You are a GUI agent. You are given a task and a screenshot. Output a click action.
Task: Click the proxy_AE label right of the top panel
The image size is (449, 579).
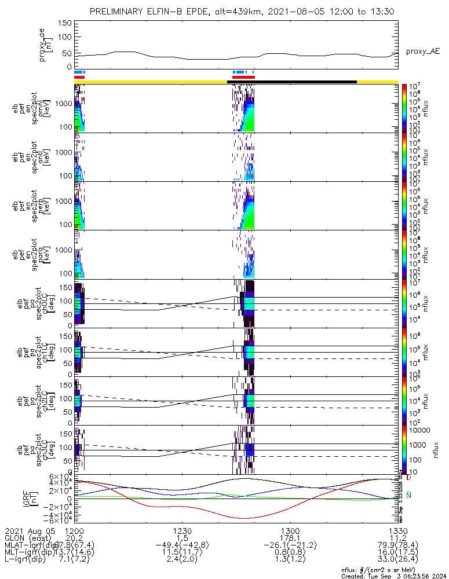(422, 52)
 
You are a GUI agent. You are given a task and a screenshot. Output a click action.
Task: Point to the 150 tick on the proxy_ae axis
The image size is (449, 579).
(65, 23)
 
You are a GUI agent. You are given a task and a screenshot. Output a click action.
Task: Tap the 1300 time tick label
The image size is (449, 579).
(290, 530)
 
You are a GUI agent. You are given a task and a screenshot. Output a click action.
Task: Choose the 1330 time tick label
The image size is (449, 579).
(397, 530)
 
